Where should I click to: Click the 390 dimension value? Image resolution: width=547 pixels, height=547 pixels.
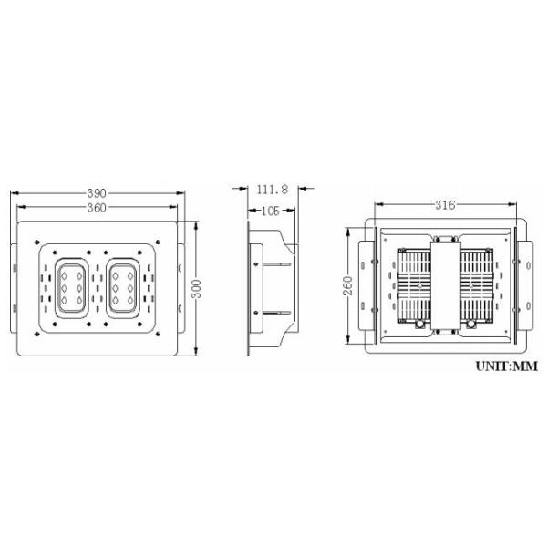pos(97,193)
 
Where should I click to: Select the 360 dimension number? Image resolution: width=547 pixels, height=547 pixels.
pos(97,208)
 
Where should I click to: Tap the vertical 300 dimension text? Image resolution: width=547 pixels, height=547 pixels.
pos(197,288)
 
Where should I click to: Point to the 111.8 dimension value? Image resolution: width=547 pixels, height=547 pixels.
pos(273,190)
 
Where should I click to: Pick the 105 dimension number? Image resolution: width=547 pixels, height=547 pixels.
pos(271,211)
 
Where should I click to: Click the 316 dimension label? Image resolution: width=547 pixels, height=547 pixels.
pos(445,205)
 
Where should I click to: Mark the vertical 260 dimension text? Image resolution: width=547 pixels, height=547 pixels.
pos(348,286)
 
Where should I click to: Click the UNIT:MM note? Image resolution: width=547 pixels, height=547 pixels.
pos(507,366)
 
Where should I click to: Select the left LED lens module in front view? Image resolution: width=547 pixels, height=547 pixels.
pos(72,288)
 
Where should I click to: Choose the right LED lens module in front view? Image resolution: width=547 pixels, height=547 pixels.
pos(123,288)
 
